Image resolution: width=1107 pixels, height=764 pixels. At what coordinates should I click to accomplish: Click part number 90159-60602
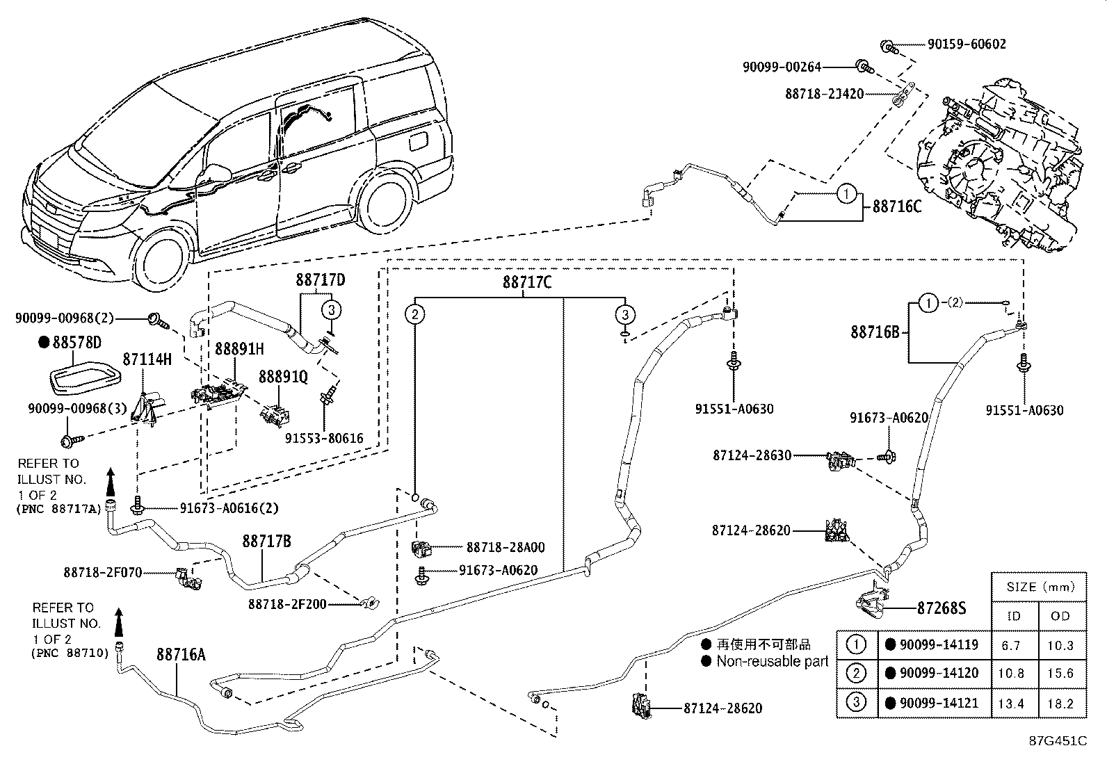967,44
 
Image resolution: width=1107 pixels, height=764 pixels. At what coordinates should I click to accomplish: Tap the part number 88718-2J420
824,93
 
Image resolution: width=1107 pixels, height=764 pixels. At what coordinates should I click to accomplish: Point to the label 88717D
321,280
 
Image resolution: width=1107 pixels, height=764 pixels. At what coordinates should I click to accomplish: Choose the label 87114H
147,359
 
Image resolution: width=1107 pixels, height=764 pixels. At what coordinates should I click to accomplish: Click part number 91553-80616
323,438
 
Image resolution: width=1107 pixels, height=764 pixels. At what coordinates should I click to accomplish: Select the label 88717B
266,541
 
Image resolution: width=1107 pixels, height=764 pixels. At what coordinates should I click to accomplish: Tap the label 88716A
180,654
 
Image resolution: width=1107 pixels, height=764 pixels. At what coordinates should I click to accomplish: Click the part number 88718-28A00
505,547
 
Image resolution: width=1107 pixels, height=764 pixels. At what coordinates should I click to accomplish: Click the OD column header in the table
1060,616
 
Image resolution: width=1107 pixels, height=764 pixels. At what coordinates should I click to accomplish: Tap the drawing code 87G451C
1058,740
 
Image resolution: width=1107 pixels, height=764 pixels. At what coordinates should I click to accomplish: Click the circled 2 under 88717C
415,314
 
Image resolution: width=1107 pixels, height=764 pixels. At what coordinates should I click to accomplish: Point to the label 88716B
875,332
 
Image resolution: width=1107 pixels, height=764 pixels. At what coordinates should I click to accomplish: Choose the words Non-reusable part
772,662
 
